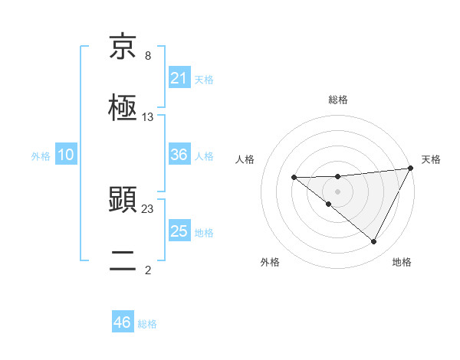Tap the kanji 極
click(123, 108)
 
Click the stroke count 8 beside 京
click(148, 56)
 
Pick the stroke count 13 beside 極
click(148, 117)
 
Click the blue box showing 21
click(179, 78)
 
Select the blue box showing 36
click(179, 155)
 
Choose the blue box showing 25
click(179, 231)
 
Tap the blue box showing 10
click(66, 155)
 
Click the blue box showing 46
click(123, 322)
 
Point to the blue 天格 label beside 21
click(204, 79)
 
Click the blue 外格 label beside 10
click(41, 155)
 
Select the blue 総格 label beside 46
click(147, 323)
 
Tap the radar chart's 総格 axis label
click(338, 100)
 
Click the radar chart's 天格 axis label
click(431, 159)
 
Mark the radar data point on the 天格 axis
click(411, 169)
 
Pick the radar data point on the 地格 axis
click(374, 242)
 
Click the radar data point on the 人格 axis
click(294, 178)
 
